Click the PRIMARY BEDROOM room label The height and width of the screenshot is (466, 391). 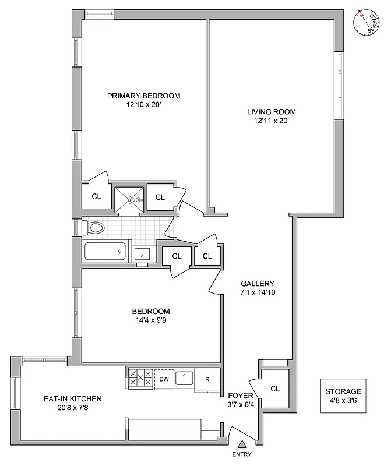143,96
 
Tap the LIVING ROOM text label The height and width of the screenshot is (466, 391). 271,112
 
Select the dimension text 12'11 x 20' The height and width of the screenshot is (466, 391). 271,122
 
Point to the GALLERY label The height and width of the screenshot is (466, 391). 257,283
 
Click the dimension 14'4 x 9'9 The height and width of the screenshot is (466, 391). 150,320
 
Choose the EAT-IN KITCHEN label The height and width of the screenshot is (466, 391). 73,399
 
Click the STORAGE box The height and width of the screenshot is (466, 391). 343,397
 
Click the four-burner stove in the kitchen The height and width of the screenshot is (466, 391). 140,379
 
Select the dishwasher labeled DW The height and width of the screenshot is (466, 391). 164,379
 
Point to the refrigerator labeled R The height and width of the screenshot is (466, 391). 207,379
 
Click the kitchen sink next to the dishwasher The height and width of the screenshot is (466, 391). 185,377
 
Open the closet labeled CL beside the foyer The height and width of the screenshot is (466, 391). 276,388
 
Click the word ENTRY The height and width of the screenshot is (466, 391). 243,455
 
